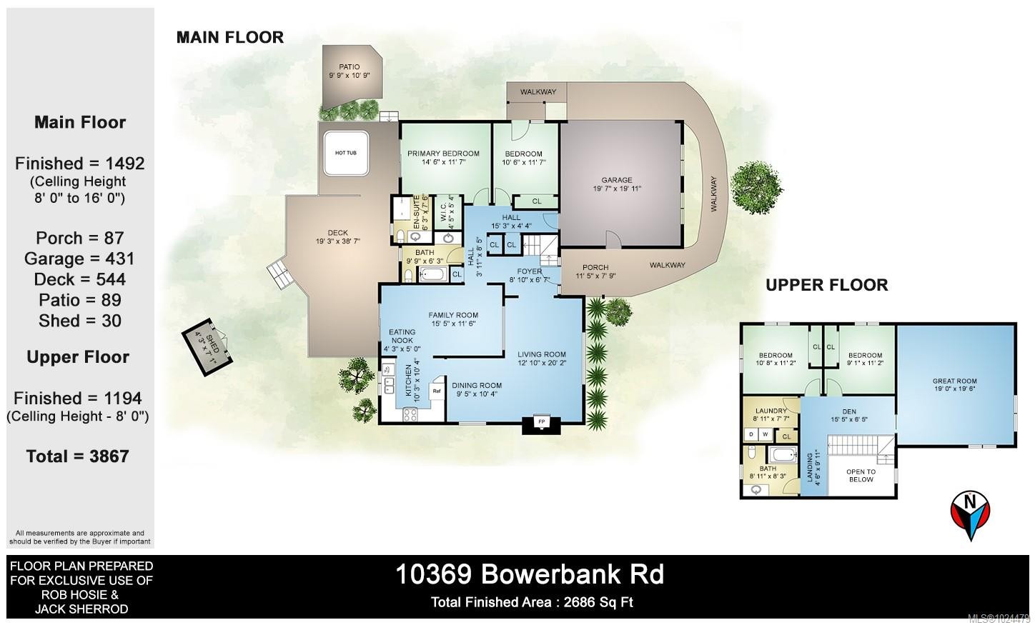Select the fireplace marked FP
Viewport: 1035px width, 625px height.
pos(540,422)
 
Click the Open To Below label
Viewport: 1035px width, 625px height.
pos(861,476)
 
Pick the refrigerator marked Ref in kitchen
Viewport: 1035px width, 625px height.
pos(436,392)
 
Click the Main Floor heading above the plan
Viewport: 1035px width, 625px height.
pos(229,37)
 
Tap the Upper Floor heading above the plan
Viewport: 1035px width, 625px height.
pos(826,285)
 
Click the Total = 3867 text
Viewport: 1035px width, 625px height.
pos(78,456)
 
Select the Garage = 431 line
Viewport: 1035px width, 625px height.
pos(79,259)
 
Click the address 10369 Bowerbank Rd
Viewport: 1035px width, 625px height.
pos(530,574)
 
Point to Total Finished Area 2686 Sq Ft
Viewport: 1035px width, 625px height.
pos(532,602)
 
